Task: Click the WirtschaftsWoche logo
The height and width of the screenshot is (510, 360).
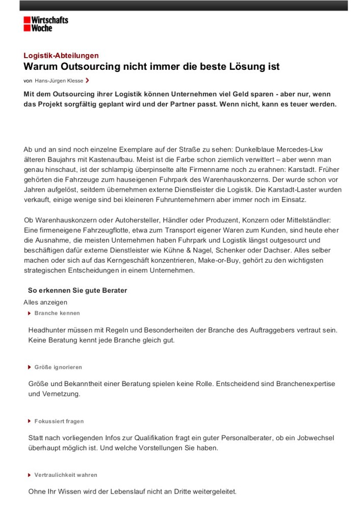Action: coord(45,23)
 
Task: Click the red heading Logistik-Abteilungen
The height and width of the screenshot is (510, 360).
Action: coord(61,56)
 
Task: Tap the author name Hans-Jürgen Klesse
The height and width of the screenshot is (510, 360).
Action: coord(59,81)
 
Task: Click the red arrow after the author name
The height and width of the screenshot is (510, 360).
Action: coord(88,80)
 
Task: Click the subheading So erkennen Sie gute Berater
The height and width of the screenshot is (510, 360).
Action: coord(78,291)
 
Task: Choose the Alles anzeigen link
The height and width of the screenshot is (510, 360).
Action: coord(45,302)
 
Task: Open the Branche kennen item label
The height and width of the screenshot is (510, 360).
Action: coord(57,313)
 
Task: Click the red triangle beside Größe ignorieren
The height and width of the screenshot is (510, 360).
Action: coord(30,367)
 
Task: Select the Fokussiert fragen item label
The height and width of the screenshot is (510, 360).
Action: coord(59,421)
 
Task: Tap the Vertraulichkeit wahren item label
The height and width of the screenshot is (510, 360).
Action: coord(66,475)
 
